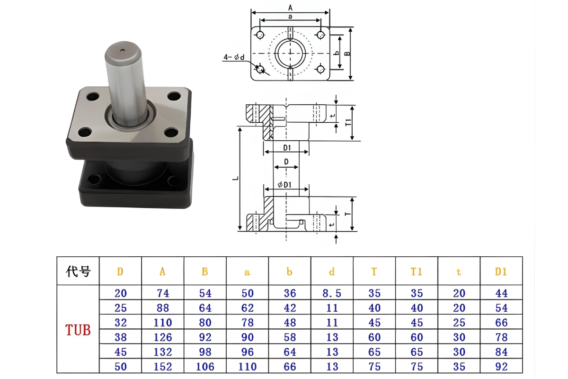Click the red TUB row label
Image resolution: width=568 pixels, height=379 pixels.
(x=78, y=330)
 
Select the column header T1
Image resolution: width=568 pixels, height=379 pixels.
(x=417, y=271)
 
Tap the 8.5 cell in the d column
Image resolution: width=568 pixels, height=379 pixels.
(x=332, y=293)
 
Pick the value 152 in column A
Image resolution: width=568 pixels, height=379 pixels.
(x=162, y=367)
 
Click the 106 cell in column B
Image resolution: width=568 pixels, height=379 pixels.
(x=205, y=367)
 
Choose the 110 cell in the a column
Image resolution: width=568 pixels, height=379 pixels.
(x=247, y=367)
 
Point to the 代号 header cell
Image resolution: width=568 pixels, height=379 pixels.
(x=78, y=271)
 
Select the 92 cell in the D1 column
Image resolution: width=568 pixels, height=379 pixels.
(x=501, y=367)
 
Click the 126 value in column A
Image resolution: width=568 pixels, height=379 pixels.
(x=162, y=337)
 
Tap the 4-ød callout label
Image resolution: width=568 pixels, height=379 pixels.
(x=234, y=57)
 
